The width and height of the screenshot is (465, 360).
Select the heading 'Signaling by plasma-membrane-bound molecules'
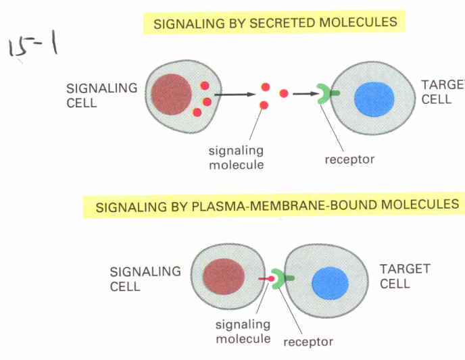point(276,205)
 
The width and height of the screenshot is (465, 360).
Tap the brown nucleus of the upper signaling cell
point(172,95)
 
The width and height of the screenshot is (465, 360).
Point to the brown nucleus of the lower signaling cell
point(223,279)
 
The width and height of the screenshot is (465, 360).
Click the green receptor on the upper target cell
point(326,95)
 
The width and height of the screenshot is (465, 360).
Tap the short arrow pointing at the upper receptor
point(305,94)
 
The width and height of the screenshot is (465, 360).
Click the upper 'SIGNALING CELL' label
point(101,95)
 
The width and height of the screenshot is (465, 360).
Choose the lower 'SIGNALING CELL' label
point(145,278)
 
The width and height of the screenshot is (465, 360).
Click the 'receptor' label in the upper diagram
point(349,160)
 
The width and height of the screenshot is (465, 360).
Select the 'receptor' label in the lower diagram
point(308,342)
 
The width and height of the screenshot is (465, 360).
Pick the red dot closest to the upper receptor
point(284,93)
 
